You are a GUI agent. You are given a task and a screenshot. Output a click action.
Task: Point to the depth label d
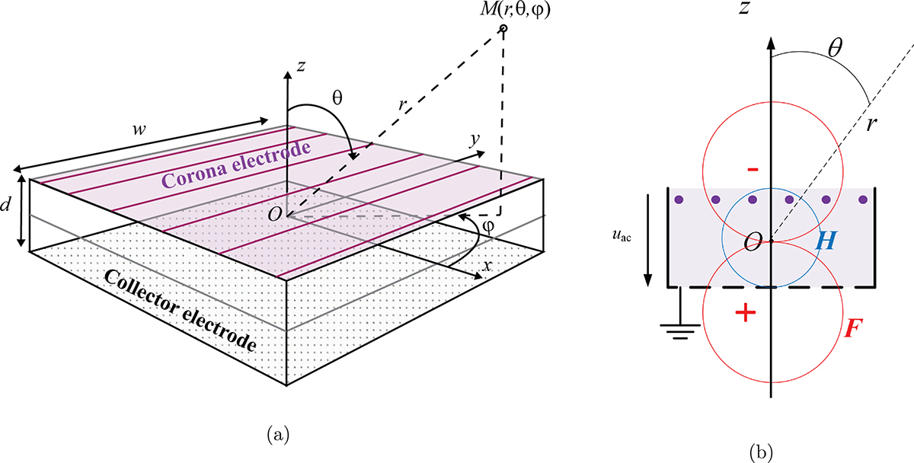7,207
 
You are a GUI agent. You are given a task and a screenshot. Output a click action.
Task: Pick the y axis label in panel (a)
472,142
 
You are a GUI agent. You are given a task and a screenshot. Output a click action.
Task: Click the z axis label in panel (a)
302,68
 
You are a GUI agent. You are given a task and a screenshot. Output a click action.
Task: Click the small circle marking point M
503,30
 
